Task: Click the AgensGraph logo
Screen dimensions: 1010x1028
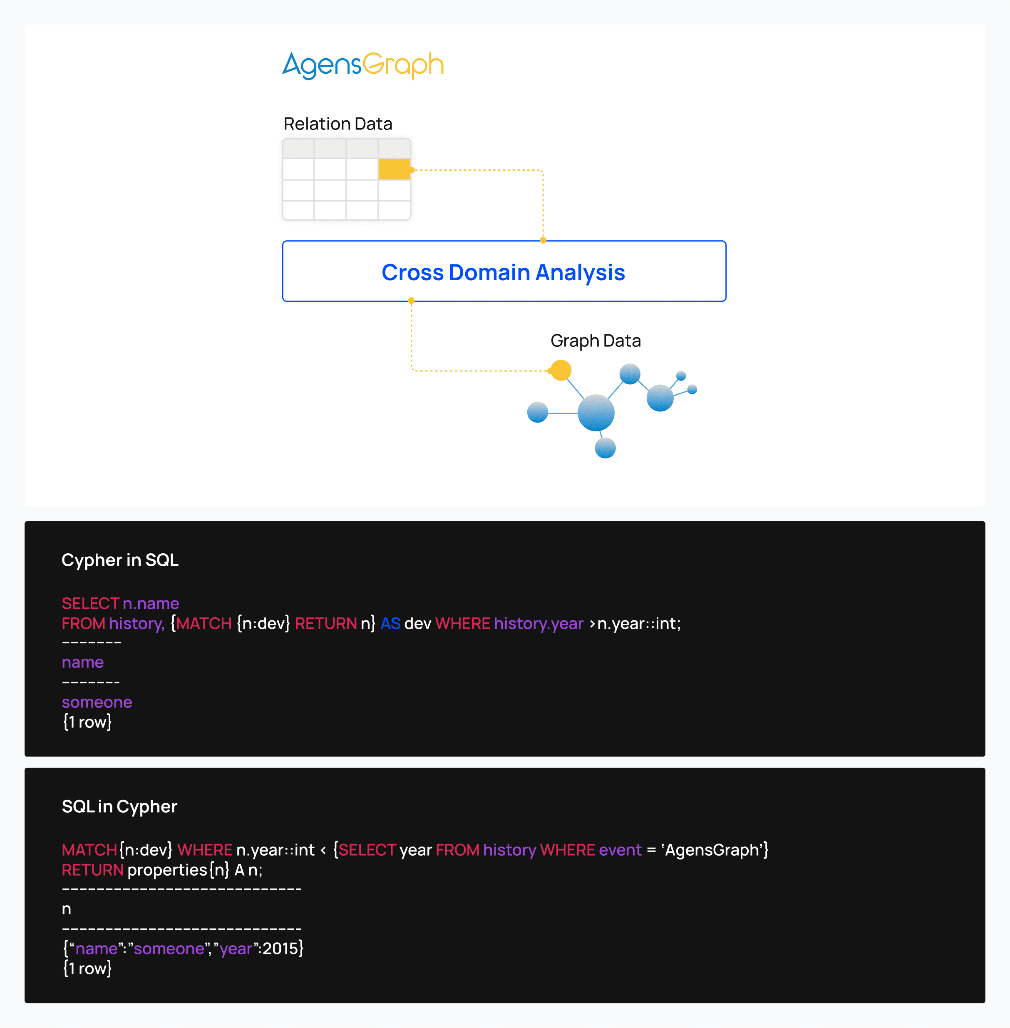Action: pos(363,66)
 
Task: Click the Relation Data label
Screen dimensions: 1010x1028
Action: pos(338,124)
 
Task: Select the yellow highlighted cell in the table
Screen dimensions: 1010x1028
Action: pos(394,169)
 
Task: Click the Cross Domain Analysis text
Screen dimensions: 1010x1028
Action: pos(504,272)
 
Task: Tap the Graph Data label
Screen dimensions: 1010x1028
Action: pos(596,341)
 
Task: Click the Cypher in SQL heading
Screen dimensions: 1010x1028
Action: pos(120,560)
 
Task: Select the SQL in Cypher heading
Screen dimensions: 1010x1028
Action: pos(119,806)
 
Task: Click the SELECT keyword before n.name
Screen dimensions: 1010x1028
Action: pos(91,603)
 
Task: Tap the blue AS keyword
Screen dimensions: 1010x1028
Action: pos(390,623)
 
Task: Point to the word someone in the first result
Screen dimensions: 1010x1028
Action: pos(97,702)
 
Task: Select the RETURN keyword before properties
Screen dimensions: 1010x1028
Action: pos(93,870)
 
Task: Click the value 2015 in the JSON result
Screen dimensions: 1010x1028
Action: pos(280,948)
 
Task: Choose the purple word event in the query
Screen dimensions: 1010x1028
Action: pos(620,850)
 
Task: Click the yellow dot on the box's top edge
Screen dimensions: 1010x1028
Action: pos(543,240)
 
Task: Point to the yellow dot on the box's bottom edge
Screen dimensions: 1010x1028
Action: pos(411,301)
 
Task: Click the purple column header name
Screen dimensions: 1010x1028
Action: pos(83,662)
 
